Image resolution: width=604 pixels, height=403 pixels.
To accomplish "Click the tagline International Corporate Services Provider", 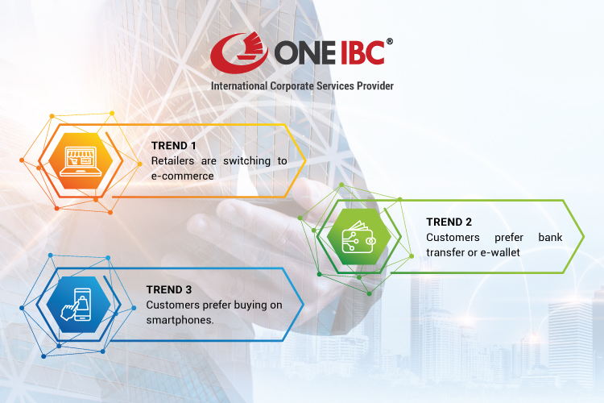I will tap(302, 85).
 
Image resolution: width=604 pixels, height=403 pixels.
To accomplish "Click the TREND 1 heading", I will tap(173, 146).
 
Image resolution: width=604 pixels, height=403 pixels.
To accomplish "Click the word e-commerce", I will tap(182, 175).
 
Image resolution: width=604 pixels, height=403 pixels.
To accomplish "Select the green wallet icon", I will tap(354, 237).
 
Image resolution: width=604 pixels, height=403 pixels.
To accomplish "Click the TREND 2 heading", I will tap(449, 222).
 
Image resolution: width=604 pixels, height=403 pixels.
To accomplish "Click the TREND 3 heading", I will tap(168, 289).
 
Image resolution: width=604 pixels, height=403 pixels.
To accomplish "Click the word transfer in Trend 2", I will tap(445, 252).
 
